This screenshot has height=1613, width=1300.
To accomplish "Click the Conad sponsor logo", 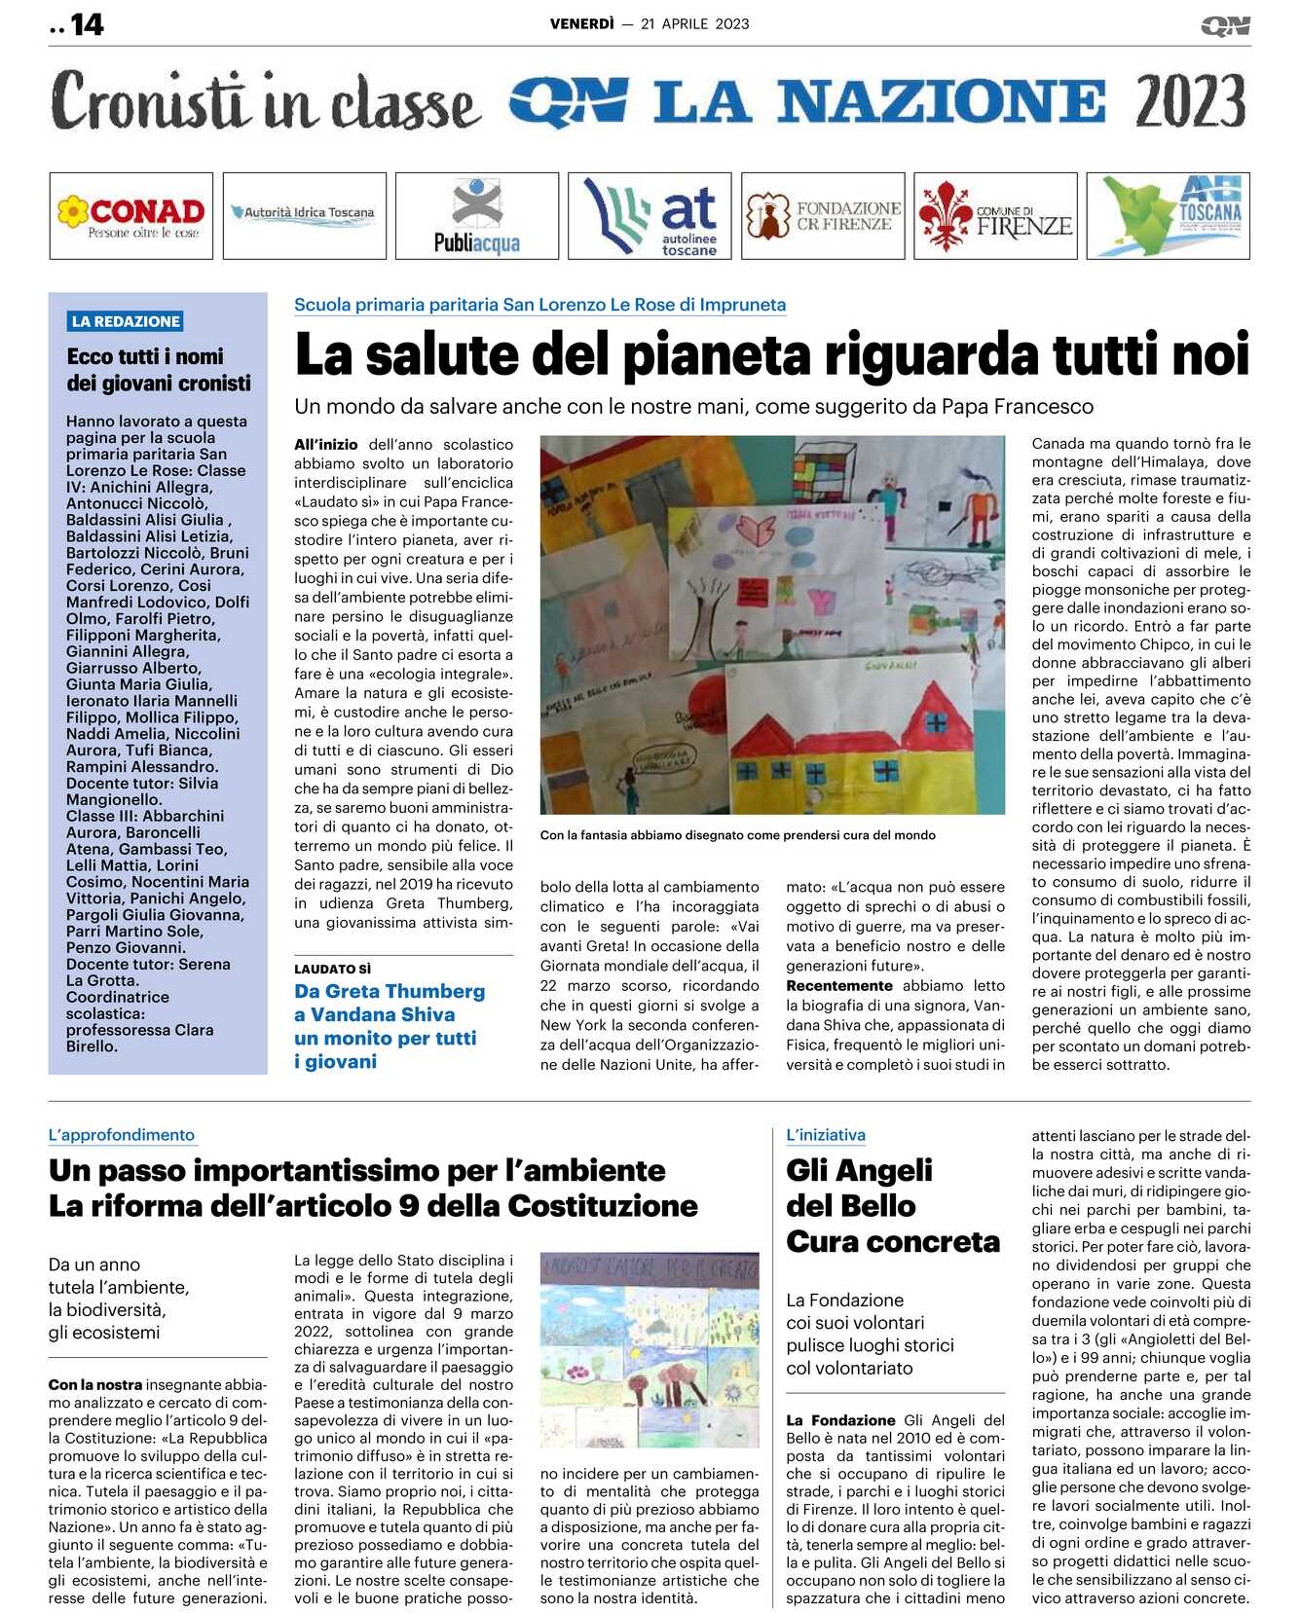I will (131, 216).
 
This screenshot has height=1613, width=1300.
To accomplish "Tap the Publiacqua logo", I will (477, 216).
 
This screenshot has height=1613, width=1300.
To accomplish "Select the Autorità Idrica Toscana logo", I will (304, 214).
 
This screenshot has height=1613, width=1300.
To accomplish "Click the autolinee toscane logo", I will (650, 216).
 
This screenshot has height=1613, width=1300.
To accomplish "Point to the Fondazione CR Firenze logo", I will (823, 216).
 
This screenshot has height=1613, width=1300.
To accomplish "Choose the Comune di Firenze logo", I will (995, 216).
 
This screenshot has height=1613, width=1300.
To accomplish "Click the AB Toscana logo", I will (1169, 216).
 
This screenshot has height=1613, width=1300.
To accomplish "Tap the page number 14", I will (87, 24).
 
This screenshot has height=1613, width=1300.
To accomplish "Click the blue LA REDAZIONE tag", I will (126, 321).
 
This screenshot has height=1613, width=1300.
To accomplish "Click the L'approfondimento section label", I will (122, 1135).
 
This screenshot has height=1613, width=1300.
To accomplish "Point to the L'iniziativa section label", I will (826, 1135).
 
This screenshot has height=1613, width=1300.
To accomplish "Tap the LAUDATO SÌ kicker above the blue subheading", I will (333, 969).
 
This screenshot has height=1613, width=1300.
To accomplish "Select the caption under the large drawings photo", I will (737, 835).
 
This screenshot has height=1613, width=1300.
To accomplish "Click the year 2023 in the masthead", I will (1190, 101).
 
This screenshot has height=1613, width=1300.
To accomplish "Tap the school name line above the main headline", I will (539, 305).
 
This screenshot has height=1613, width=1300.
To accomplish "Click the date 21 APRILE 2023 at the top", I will (695, 24).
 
